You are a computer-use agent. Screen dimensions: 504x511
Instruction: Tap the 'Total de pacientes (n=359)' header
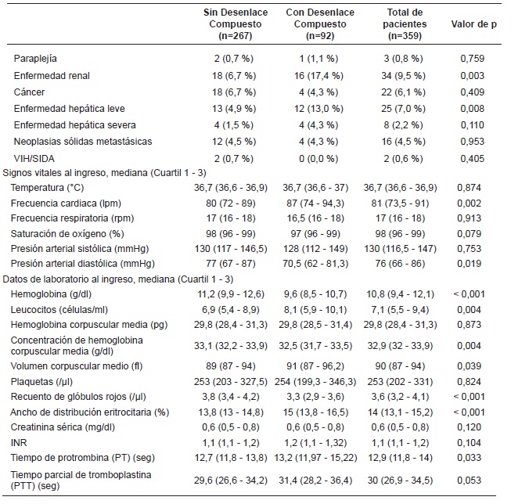point(405,23)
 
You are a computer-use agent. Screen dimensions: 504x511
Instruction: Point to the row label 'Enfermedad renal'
point(52,75)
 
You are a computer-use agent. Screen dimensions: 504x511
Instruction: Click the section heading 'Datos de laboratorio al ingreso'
point(118,279)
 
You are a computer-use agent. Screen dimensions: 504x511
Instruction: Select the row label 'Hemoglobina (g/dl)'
point(52,293)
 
